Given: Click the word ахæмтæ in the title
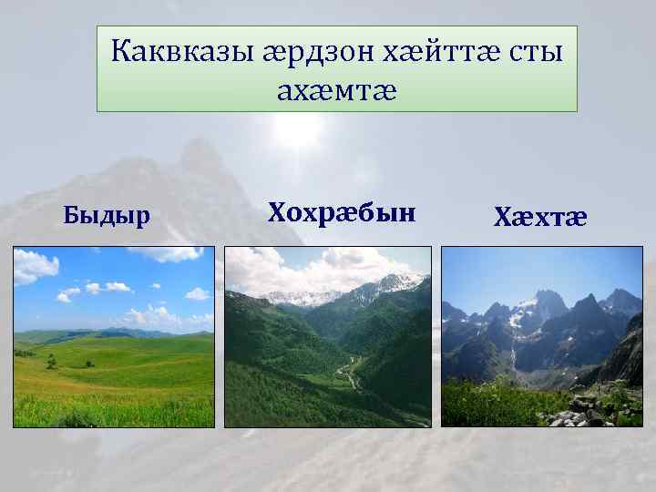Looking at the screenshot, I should (x=336, y=89).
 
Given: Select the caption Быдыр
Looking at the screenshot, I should (x=108, y=215).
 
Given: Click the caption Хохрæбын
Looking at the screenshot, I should (x=342, y=213).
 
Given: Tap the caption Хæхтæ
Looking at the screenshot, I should (x=540, y=217).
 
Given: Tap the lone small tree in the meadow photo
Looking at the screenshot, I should (x=51, y=362).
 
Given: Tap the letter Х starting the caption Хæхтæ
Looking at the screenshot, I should (x=502, y=217).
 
